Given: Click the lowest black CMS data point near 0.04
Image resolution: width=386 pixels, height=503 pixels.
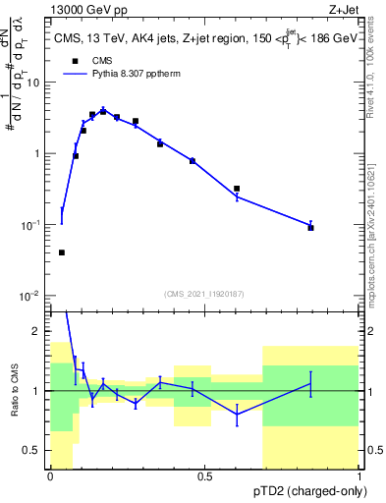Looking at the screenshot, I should click(x=62, y=252).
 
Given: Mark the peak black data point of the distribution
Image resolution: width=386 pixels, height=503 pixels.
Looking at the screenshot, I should click(x=103, y=111).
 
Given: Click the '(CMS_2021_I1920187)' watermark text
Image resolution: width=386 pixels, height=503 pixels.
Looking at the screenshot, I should click(x=203, y=292).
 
